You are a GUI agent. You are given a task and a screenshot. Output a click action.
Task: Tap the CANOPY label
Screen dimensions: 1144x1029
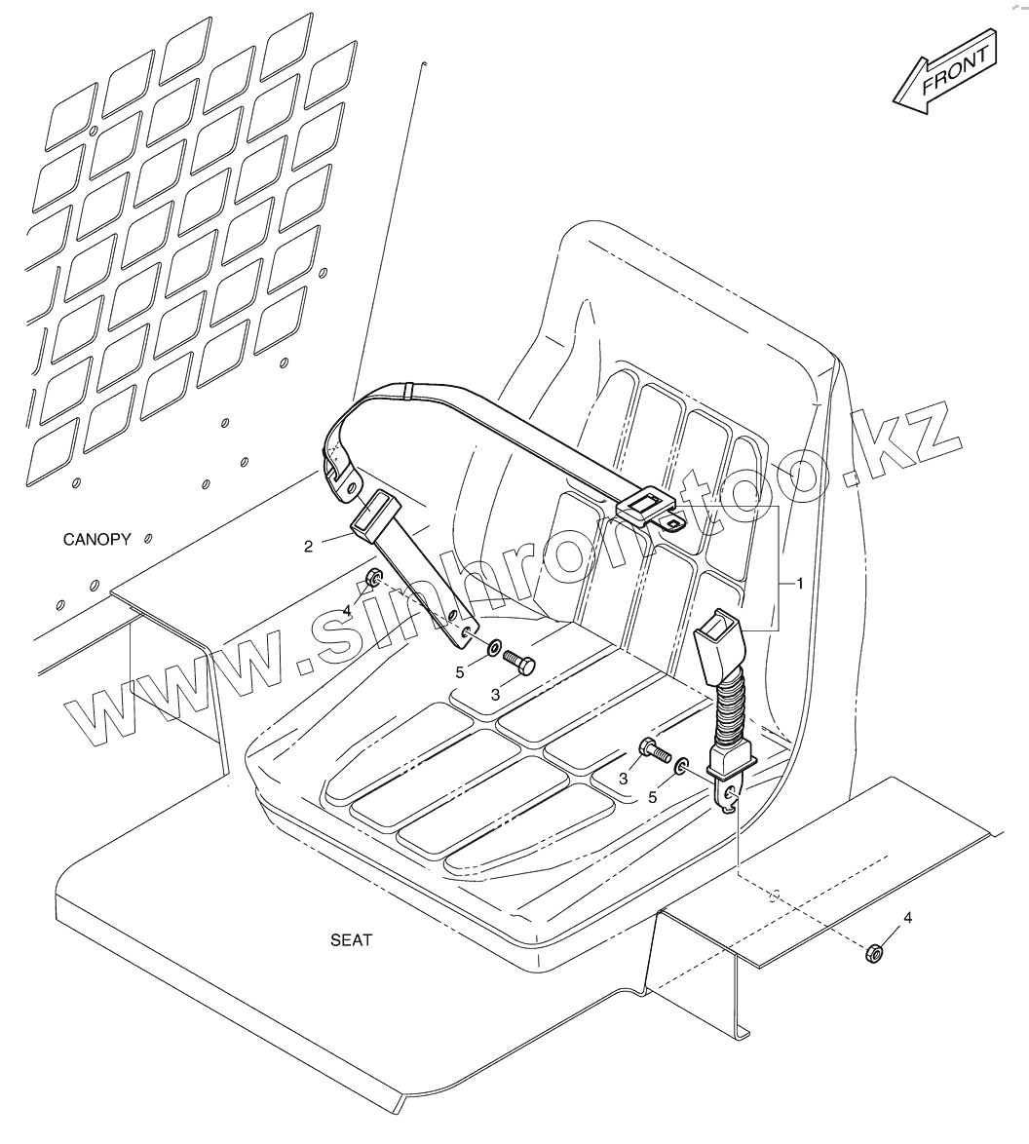tap(96, 539)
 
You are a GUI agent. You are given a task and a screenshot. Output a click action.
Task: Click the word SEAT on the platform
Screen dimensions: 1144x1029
tap(351, 940)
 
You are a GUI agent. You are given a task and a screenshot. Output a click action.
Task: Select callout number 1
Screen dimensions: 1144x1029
tap(800, 584)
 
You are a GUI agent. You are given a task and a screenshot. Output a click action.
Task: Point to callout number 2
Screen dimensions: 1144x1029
tap(309, 547)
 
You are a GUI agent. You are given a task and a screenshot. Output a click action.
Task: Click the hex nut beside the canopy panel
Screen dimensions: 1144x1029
tap(372, 582)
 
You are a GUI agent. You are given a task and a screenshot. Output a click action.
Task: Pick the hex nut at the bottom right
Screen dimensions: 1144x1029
tap(873, 952)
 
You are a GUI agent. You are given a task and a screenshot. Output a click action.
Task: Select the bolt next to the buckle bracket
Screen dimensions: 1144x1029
tap(652, 751)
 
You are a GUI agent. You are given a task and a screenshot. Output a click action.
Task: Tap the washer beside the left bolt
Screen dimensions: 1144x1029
tap(495, 646)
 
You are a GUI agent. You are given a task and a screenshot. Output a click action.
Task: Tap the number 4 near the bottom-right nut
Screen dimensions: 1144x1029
tap(908, 918)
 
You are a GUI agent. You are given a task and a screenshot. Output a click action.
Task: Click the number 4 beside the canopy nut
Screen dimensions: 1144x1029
tap(346, 611)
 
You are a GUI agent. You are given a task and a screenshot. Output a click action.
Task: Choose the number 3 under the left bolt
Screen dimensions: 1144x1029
tap(495, 694)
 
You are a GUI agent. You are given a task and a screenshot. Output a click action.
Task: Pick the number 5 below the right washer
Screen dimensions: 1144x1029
tap(653, 796)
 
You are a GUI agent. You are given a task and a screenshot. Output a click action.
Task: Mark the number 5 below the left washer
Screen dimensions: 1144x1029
tap(460, 671)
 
